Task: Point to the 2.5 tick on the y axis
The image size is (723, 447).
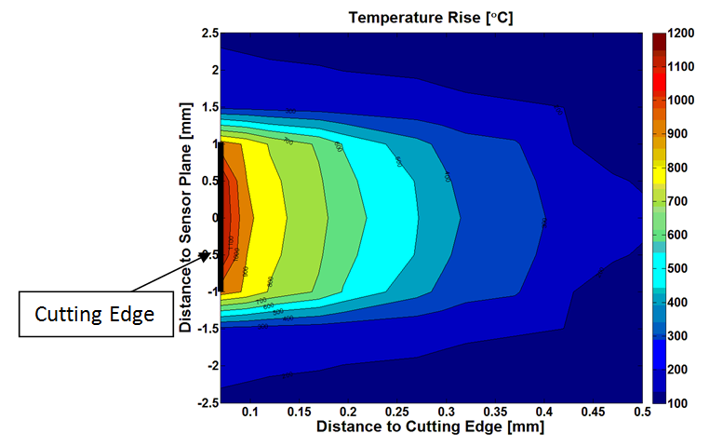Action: [x=210, y=34]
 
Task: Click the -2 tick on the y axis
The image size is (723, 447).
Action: [x=208, y=365]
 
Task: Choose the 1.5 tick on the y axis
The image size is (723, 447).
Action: [x=210, y=107]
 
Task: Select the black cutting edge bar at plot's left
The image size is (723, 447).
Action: [x=221, y=217]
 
